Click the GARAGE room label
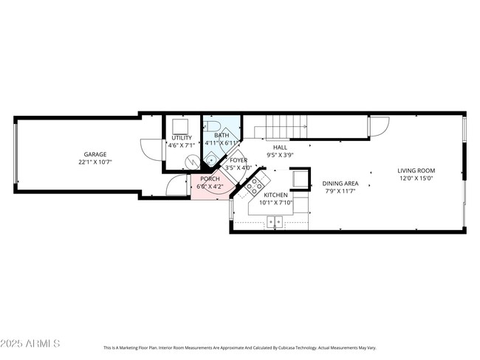pyautogui.click(x=95, y=154)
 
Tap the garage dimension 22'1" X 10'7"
pyautogui.click(x=95, y=162)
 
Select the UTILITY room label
pyautogui.click(x=182, y=138)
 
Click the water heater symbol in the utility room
pyautogui.click(x=191, y=160)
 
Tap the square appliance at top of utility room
pyautogui.click(x=181, y=125)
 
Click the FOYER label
pyautogui.click(x=238, y=160)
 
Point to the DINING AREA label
pyautogui.click(x=341, y=184)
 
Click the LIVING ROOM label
pyautogui.click(x=416, y=170)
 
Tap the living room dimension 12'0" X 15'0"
pyautogui.click(x=416, y=179)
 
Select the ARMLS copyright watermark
pyautogui.click(x=31, y=345)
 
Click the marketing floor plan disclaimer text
pyautogui.click(x=239, y=347)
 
